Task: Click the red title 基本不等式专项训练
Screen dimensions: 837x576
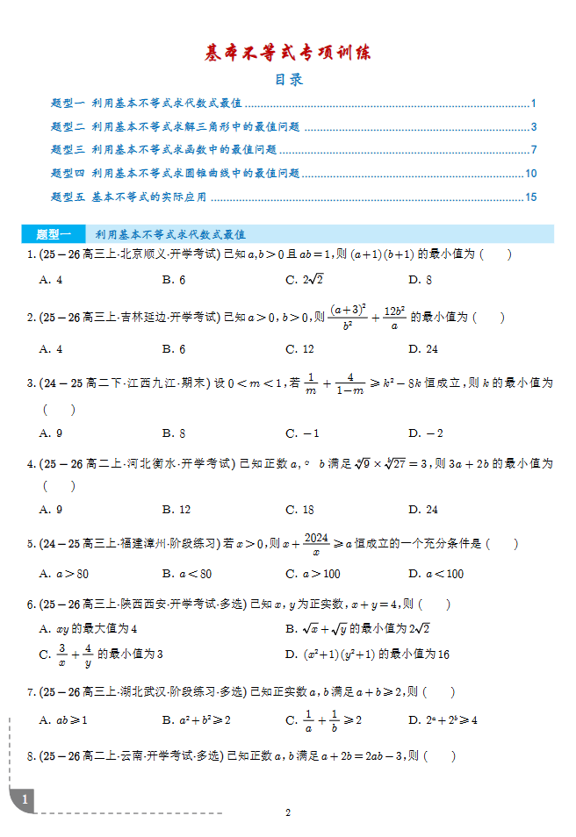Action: [288, 53]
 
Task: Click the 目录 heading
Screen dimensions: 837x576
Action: [288, 80]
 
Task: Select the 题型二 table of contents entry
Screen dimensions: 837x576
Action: [176, 126]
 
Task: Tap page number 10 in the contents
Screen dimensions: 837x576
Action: [530, 174]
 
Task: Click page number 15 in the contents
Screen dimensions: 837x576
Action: [530, 197]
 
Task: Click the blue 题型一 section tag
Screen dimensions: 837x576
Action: [54, 234]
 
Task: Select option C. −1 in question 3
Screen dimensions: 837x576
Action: [302, 433]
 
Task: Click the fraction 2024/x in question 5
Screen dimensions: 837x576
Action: [315, 544]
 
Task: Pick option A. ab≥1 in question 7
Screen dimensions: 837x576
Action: [63, 720]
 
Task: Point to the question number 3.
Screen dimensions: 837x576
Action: [30, 383]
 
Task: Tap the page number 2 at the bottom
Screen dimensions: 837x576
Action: [287, 812]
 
